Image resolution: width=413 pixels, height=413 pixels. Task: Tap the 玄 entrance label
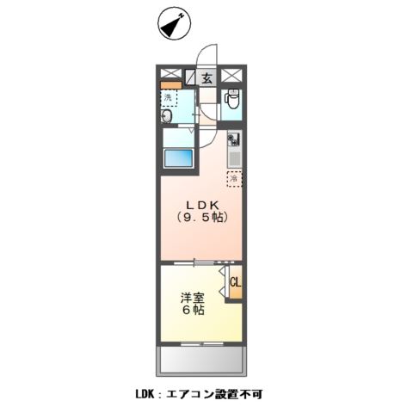click(207, 77)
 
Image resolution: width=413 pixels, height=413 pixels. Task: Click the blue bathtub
click(179, 158)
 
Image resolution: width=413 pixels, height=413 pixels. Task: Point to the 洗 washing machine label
click(169, 98)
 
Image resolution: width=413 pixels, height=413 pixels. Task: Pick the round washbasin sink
click(167, 117)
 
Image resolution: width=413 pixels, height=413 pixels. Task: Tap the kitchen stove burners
click(232, 139)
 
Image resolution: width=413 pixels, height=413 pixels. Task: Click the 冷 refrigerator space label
click(233, 179)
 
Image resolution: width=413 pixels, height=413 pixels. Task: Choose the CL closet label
click(234, 282)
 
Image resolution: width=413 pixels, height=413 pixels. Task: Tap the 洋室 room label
click(191, 297)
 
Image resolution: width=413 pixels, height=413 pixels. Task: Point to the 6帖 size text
click(191, 311)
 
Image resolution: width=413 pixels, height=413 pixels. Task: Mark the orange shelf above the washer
click(170, 86)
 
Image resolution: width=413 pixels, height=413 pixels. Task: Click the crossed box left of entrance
click(170, 75)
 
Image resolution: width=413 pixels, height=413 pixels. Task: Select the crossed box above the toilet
click(231, 75)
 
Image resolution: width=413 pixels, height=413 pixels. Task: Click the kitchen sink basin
click(232, 157)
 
